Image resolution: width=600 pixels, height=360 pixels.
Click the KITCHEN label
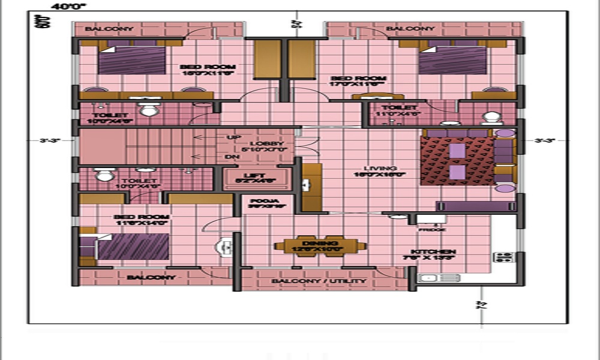(x=433, y=251)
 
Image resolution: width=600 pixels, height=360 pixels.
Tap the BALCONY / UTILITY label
(x=319, y=281)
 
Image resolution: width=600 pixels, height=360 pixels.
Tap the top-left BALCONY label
(x=101, y=29)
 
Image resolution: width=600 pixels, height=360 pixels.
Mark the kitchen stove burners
(x=503, y=257)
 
